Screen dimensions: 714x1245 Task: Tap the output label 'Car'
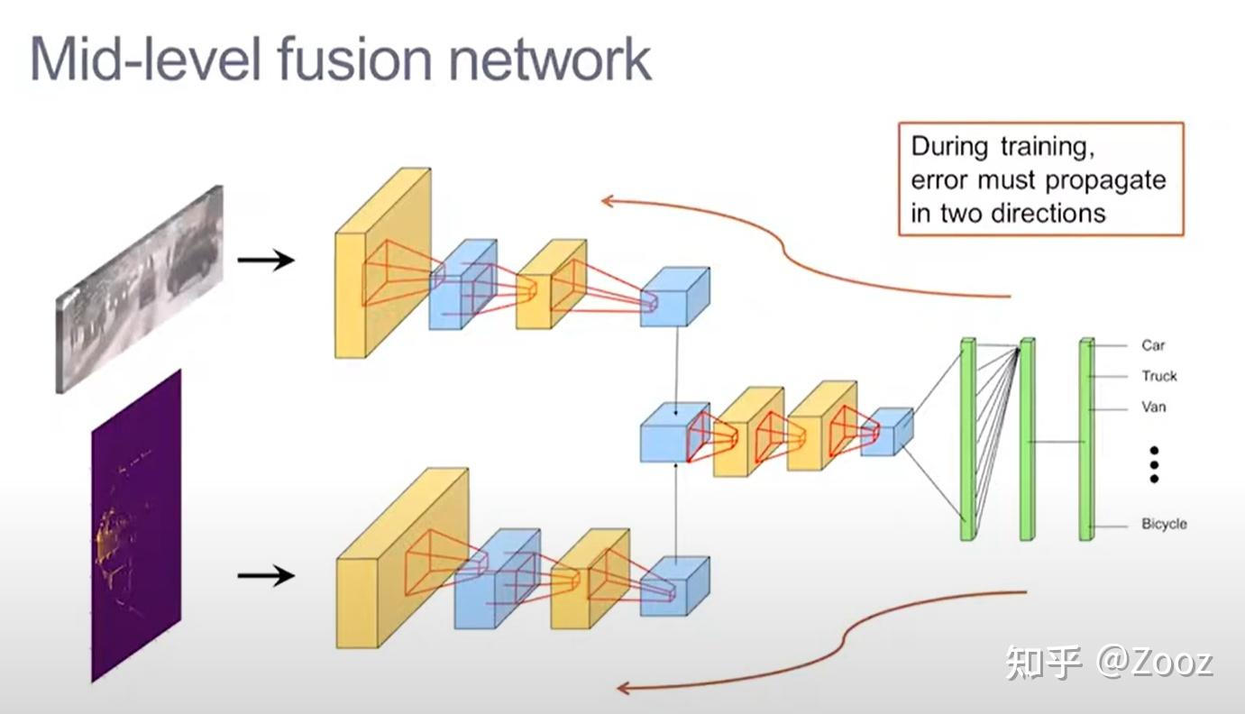click(1153, 345)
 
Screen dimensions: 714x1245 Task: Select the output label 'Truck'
click(1158, 376)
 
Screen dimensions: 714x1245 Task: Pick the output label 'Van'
click(1153, 407)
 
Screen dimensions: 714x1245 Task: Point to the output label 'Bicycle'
click(1164, 524)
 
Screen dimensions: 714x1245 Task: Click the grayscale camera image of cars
click(140, 288)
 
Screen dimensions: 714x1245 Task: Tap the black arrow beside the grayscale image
click(266, 261)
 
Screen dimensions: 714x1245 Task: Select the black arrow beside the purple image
click(266, 575)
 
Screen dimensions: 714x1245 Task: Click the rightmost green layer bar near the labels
click(1086, 440)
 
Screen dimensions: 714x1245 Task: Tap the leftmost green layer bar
click(967, 440)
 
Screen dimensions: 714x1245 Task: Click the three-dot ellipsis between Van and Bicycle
click(1153, 464)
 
